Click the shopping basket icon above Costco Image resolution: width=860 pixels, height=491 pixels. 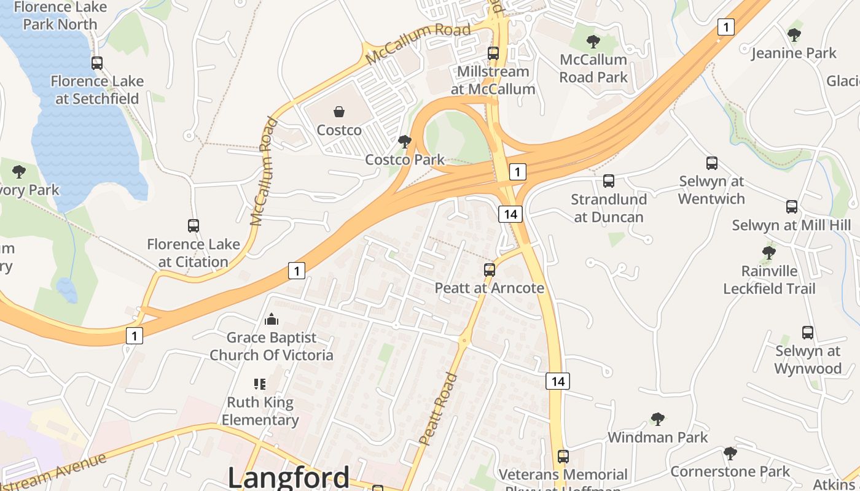point(338,111)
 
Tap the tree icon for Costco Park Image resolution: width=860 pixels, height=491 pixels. point(404,142)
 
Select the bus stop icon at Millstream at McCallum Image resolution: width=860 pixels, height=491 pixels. point(493,53)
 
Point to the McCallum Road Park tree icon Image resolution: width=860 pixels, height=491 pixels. point(593,42)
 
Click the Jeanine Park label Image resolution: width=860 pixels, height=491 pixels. point(794,53)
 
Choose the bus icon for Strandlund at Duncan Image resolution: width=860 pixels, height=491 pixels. point(608,181)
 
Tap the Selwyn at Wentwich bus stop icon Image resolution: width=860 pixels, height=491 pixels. point(711,163)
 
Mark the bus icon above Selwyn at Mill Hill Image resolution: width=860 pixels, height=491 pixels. point(791,207)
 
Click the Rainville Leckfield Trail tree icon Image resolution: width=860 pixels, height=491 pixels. point(768,252)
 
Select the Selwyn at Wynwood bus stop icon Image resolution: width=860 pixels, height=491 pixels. point(807,333)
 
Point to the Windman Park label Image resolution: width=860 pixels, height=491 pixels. point(657,437)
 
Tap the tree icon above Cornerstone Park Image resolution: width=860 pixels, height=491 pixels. point(730,454)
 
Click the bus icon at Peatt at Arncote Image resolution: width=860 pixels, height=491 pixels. point(489,269)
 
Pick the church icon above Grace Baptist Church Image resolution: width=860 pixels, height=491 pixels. point(271,319)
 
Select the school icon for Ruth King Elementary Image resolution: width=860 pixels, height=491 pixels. point(260,384)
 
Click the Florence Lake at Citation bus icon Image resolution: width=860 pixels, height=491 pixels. point(193,226)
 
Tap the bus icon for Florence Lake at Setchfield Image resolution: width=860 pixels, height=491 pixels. point(96,63)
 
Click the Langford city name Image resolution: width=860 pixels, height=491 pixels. point(289,477)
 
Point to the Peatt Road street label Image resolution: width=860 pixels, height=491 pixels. point(439,409)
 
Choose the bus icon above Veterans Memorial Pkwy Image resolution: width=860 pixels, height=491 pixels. point(563,457)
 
